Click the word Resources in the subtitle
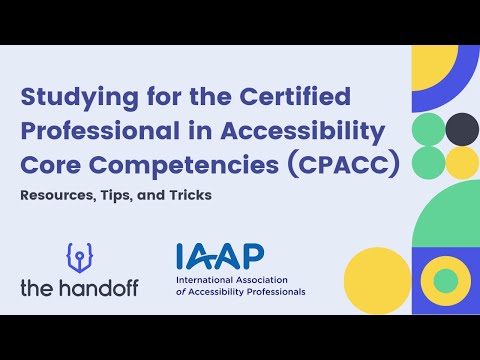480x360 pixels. coord(56,195)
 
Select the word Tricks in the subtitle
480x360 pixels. coord(188,195)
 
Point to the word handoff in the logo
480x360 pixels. coord(107,288)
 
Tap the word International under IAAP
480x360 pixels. coord(207,281)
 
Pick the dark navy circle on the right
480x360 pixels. coord(461,128)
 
